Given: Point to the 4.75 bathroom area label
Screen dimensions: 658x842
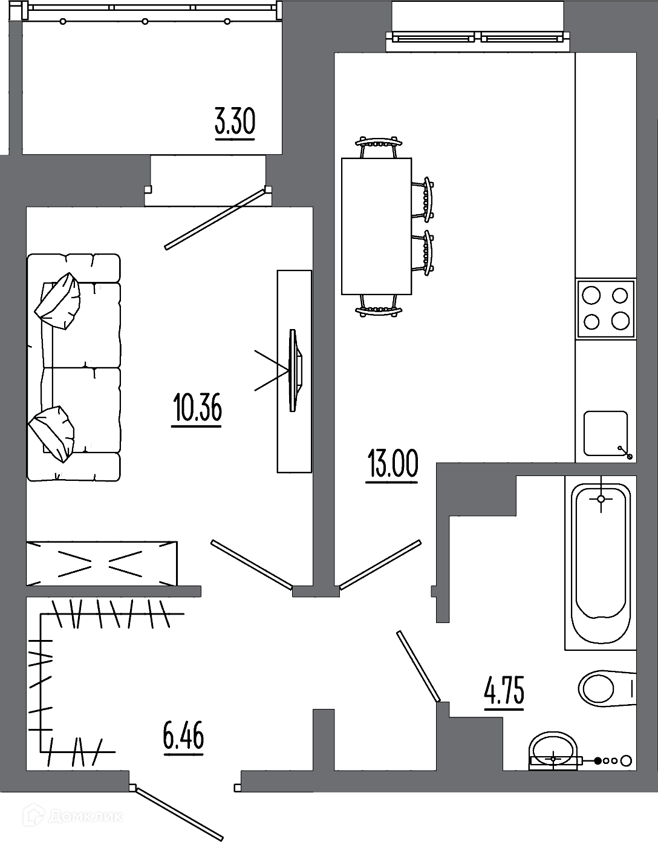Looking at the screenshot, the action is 504,690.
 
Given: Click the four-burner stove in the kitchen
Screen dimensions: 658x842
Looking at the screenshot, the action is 606,308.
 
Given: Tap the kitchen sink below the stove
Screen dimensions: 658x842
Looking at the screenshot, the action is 606,434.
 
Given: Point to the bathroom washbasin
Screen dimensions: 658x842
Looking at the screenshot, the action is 553,749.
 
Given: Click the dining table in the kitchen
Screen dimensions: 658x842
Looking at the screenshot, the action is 376,226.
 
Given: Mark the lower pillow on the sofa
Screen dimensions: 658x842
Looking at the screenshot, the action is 51,434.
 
